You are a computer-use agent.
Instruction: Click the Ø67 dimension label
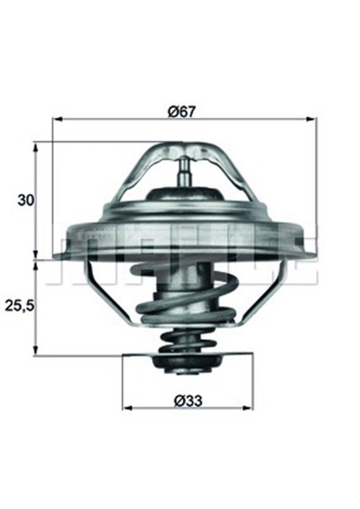(183, 111)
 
